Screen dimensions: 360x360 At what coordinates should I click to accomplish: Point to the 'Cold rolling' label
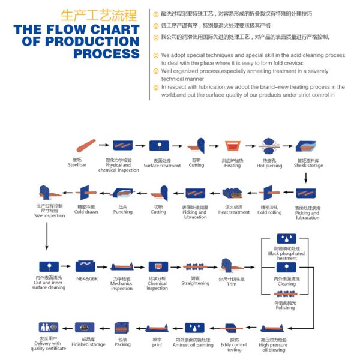click(269, 212)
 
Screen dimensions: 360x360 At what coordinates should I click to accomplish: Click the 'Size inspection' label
click(49, 215)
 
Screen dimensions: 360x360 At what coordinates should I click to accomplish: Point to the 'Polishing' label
click(286, 308)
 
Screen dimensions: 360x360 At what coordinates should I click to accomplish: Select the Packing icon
click(122, 328)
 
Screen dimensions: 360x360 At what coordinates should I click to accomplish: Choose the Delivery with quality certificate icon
click(48, 328)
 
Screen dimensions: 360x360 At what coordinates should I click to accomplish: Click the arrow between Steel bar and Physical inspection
click(104, 145)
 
